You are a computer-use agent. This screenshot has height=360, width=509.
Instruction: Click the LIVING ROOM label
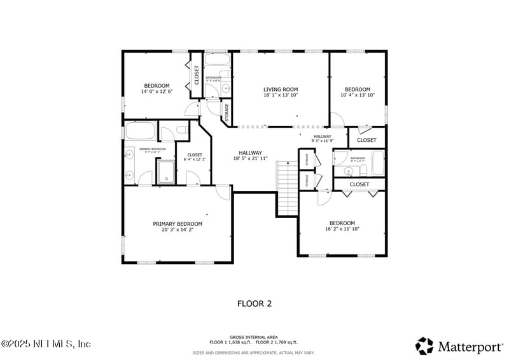pos(281,89)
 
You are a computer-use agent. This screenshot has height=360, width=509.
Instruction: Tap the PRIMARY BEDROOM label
pos(178,223)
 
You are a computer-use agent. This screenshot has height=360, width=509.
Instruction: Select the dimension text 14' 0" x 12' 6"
pos(157,92)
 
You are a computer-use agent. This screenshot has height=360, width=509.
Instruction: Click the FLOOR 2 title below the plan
pos(254,303)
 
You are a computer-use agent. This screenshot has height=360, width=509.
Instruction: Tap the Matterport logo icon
pos(424,345)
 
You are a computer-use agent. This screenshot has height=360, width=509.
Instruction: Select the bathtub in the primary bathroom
pos(141,132)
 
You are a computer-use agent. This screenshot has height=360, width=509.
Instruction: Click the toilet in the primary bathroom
pos(181,131)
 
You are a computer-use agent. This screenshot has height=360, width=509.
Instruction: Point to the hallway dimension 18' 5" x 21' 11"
pos(250,158)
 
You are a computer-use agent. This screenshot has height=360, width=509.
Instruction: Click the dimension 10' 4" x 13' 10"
pos(358,95)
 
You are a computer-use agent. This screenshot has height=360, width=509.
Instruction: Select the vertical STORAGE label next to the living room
pos(227,112)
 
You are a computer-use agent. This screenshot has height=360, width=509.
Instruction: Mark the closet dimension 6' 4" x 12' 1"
pos(195,158)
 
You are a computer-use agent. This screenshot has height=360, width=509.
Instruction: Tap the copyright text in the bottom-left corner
pos(46,344)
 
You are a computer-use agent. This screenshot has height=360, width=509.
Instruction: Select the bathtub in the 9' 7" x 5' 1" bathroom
pos(378,163)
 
